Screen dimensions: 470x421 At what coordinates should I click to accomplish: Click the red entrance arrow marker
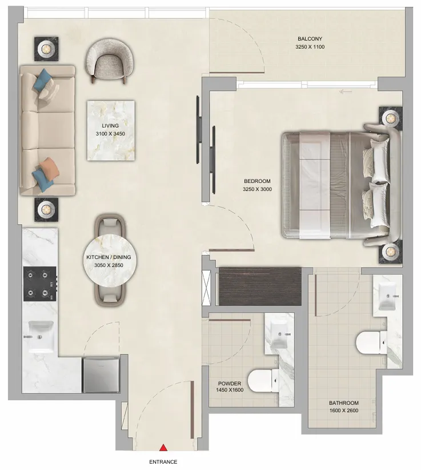click(163, 448)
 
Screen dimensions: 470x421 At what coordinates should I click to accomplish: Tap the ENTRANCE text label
click(163, 462)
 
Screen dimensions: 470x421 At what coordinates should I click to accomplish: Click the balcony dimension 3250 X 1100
click(310, 47)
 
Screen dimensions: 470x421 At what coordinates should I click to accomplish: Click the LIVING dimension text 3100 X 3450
click(110, 134)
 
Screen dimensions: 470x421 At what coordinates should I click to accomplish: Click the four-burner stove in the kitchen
click(40, 284)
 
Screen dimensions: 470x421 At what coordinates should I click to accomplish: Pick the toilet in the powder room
click(264, 379)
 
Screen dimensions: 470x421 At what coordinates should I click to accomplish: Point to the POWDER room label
click(229, 384)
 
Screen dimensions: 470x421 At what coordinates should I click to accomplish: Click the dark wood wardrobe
click(260, 286)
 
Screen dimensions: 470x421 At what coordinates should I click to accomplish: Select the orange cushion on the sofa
click(50, 168)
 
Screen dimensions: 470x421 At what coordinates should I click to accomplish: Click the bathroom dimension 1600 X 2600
click(344, 411)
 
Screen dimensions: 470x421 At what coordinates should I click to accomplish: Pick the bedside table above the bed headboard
click(391, 118)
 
